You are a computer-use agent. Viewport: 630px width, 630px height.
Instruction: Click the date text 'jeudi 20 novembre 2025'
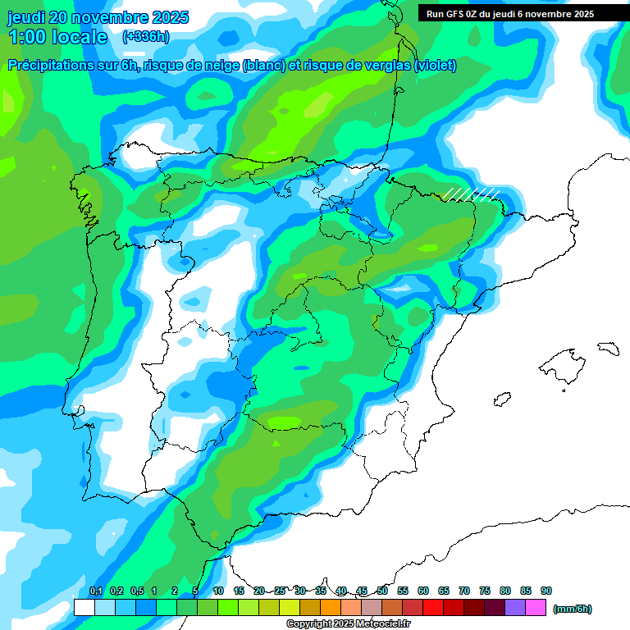(x=98, y=17)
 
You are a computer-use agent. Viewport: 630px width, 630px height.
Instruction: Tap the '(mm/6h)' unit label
(x=572, y=608)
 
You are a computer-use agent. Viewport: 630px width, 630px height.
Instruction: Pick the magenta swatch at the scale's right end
(x=536, y=607)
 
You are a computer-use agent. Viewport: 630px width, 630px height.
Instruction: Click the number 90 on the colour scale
(x=546, y=591)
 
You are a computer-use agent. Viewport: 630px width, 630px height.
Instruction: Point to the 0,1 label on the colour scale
(x=95, y=591)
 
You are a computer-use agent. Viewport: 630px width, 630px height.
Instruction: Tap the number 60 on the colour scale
(x=423, y=591)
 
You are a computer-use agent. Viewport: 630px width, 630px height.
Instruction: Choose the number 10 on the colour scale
(x=218, y=591)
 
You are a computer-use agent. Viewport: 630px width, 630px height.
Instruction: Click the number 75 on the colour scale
(x=485, y=591)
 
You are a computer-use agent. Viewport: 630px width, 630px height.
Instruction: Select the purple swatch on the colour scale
(x=515, y=607)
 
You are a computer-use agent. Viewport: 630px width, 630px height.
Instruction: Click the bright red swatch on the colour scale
(x=433, y=607)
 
